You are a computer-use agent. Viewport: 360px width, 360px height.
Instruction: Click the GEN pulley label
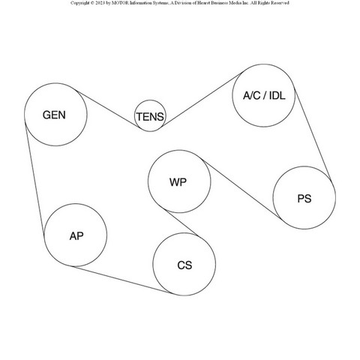(x=54, y=115)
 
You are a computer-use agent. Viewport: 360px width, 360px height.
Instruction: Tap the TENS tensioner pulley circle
(x=150, y=100)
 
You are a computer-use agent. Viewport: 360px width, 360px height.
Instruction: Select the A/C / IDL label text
(x=264, y=95)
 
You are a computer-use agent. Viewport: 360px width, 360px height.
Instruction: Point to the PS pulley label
(x=304, y=199)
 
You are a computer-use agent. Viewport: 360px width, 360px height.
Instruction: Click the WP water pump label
(x=178, y=182)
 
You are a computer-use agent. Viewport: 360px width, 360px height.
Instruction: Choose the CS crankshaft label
(x=184, y=265)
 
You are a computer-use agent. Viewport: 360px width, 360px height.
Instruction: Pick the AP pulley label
(x=76, y=236)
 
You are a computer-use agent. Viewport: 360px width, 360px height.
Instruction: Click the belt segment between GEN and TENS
(x=108, y=109)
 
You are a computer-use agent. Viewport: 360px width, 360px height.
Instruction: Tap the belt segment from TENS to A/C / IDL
(x=202, y=99)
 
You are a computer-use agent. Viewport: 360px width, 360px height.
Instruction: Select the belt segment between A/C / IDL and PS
(x=313, y=134)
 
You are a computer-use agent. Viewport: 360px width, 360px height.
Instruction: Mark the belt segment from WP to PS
(x=242, y=190)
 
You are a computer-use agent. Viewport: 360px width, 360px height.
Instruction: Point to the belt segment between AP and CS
(x=121, y=280)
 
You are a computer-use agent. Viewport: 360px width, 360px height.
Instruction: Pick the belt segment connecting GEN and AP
(x=34, y=178)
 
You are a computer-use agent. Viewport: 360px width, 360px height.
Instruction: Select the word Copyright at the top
(x=79, y=3)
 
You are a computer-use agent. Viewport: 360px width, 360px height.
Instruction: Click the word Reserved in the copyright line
(x=280, y=3)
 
